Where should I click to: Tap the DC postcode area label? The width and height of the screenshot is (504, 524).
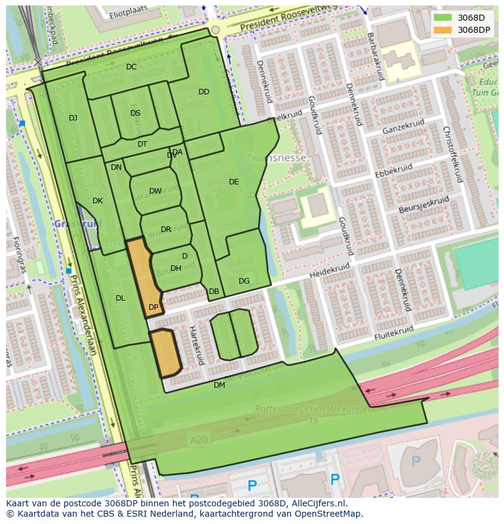click(x=131, y=67)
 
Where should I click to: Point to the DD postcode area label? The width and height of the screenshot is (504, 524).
click(x=204, y=92)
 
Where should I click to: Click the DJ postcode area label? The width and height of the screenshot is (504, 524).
click(x=73, y=118)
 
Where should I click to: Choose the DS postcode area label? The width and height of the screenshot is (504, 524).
click(x=135, y=113)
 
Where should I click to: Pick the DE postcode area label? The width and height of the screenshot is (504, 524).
click(x=234, y=182)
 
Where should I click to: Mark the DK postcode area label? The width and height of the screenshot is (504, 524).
click(x=97, y=201)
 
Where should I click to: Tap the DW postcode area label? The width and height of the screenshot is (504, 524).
click(x=155, y=191)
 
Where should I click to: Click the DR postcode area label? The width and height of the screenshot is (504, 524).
click(x=166, y=229)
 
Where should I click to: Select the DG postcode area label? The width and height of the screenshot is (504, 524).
click(x=244, y=281)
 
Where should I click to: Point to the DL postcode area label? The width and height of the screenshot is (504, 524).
click(x=120, y=298)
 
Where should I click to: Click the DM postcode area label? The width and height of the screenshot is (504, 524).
click(x=219, y=385)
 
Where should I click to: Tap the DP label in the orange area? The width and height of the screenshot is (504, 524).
click(x=153, y=307)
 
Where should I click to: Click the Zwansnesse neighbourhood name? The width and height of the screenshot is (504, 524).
click(x=276, y=158)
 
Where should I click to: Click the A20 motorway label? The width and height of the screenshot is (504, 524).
click(x=198, y=440)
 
